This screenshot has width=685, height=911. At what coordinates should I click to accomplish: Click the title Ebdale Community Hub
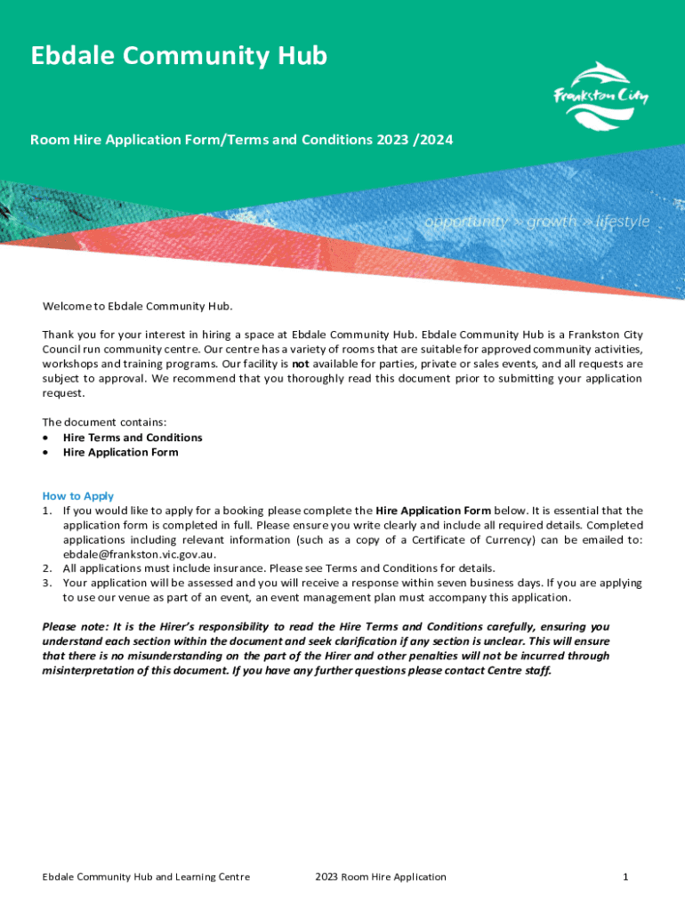coord(179,57)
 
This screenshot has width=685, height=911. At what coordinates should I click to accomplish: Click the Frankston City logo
coord(600,96)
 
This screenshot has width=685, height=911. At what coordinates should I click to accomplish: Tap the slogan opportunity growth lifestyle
coord(536,222)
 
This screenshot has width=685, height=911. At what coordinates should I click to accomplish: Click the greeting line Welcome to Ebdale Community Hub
coord(137,307)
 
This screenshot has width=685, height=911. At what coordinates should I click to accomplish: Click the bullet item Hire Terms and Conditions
coord(133,438)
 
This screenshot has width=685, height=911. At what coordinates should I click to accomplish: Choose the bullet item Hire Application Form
coord(120,452)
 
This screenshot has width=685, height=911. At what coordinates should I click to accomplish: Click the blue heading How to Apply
coord(78,496)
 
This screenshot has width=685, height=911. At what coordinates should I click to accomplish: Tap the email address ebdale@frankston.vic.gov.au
coord(139,553)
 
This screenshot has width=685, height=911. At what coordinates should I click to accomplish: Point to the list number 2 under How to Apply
coord(46,568)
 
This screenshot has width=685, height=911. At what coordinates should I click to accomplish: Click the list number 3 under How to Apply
coord(46,583)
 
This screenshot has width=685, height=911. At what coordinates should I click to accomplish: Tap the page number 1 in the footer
coord(625,877)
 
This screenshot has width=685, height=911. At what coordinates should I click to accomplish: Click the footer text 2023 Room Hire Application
coord(381,877)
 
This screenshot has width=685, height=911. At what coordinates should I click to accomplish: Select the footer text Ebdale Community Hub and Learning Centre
coord(146,877)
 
